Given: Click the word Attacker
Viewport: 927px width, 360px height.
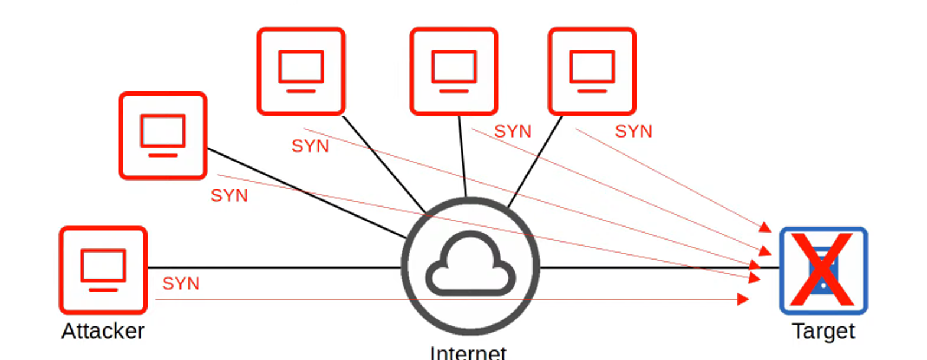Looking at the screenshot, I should pos(103,331).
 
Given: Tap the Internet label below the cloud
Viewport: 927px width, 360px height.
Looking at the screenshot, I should pos(468,352).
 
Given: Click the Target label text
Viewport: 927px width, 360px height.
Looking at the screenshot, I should pos(823,331).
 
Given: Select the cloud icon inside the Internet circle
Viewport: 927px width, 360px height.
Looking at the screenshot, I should pos(471,264).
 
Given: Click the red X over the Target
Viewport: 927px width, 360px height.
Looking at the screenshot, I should pos(822,270).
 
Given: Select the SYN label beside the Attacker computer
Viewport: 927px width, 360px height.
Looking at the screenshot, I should pos(181,283).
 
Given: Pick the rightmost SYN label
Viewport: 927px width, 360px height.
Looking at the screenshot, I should pos(634,131).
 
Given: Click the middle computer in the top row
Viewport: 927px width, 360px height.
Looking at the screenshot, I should pos(454,71).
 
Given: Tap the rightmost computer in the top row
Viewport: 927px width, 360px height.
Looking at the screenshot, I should pos(592,71).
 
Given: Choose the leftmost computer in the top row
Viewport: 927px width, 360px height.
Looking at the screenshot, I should pos(301,71).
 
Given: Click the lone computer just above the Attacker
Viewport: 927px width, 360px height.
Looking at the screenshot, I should pos(163,136).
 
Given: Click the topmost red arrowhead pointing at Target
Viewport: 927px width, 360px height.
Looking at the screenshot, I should pos(765,227).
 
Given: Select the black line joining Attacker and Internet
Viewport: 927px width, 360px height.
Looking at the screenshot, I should pos(272,267).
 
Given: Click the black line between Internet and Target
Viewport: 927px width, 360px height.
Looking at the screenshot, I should pos(649,267).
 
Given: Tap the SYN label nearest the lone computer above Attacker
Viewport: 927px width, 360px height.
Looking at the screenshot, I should pos(229,195).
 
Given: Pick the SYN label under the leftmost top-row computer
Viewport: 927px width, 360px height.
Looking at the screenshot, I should pos(310,146).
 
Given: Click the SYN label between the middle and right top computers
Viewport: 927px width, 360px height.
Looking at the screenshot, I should pos(513,131).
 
